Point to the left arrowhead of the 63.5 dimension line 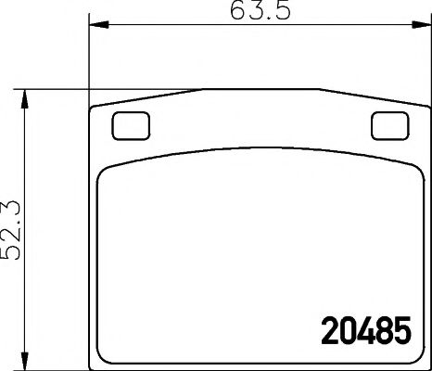pos(92,29)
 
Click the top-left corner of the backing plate pos(91,108)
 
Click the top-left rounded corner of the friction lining pos(104,172)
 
